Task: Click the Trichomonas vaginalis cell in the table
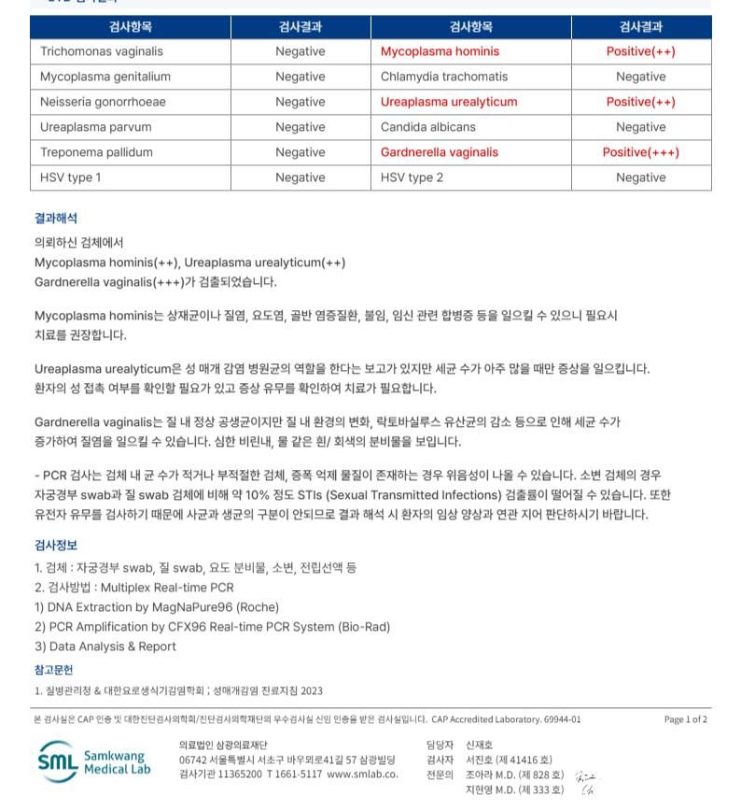pos(101,51)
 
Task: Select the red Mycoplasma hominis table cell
pos(440,51)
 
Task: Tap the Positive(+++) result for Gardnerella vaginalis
pos(640,152)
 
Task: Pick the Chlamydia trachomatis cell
pos(444,77)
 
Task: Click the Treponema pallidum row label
pos(96,152)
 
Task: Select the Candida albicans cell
pos(427,127)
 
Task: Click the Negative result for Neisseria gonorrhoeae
pos(300,102)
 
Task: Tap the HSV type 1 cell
pos(71,178)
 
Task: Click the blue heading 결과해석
pos(56,218)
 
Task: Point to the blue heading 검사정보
pos(56,545)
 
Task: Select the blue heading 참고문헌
pos(53,669)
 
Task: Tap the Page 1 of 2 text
pos(685,719)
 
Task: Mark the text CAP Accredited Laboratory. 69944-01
pos(506,719)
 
